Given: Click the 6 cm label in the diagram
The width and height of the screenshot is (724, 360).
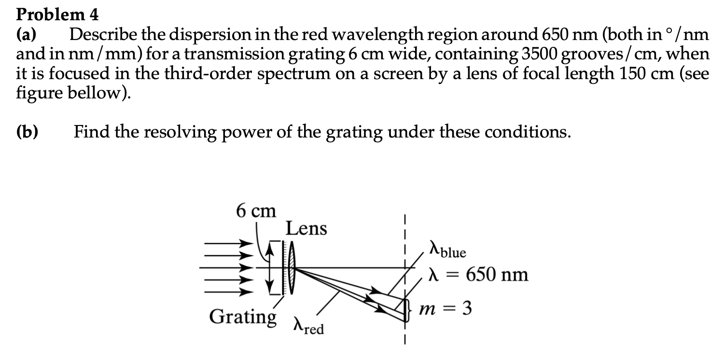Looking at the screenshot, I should coord(256,211).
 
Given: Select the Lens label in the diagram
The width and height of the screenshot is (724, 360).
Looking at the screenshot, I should coord(306,228).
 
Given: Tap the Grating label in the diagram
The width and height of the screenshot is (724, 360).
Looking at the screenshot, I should coord(243,317).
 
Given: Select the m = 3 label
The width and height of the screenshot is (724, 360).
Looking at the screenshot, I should coord(445,308).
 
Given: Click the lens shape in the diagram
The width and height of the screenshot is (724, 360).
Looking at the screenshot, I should coord(292,267).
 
